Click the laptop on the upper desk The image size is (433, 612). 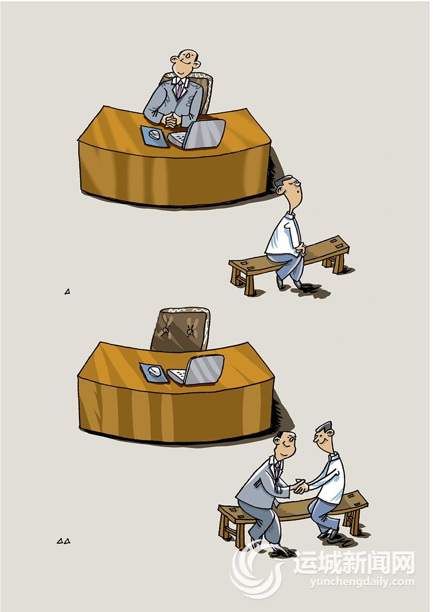tap(197, 135)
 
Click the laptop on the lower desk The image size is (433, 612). tap(196, 370)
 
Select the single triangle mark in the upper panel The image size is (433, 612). tap(68, 292)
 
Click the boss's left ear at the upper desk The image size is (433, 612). tap(197, 65)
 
